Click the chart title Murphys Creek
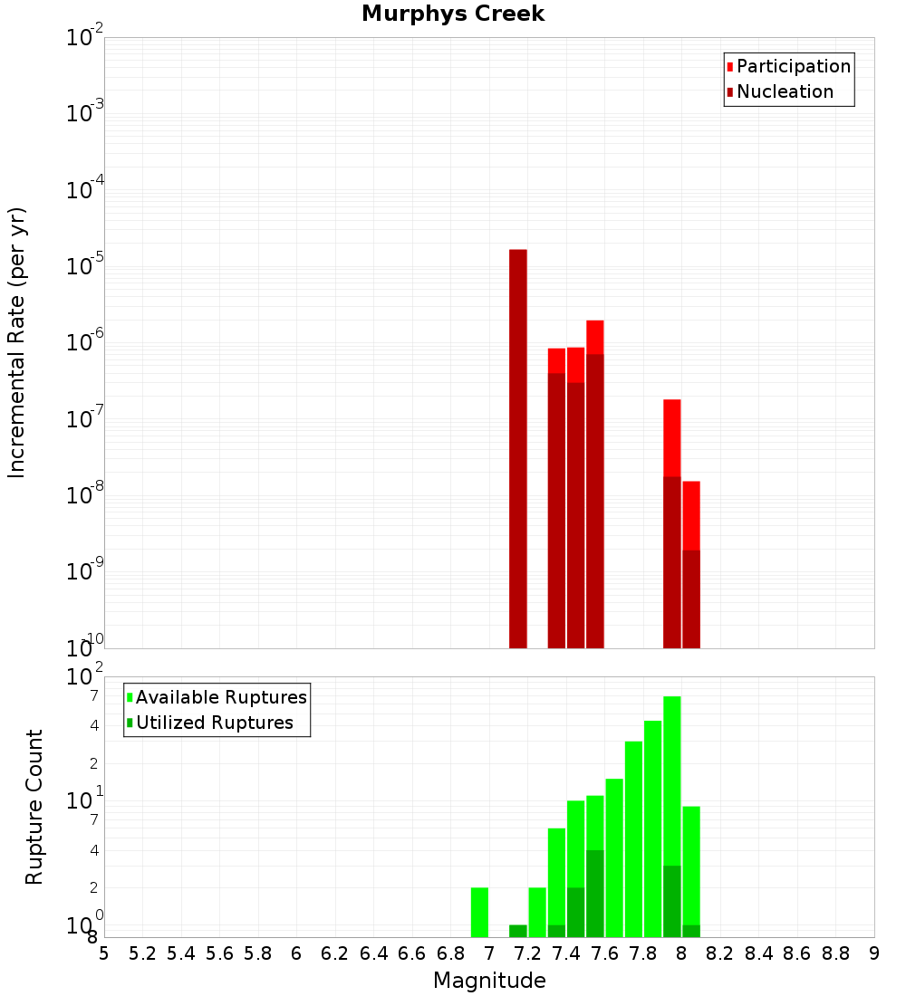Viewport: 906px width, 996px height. (453, 14)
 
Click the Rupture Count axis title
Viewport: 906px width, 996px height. (34, 806)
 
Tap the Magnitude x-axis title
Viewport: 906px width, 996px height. (489, 981)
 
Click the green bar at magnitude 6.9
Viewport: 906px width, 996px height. (479, 912)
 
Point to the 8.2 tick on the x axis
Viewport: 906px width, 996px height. (720, 953)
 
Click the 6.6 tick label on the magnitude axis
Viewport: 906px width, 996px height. (412, 953)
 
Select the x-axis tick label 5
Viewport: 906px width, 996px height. (104, 953)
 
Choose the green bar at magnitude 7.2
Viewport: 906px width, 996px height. (537, 912)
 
